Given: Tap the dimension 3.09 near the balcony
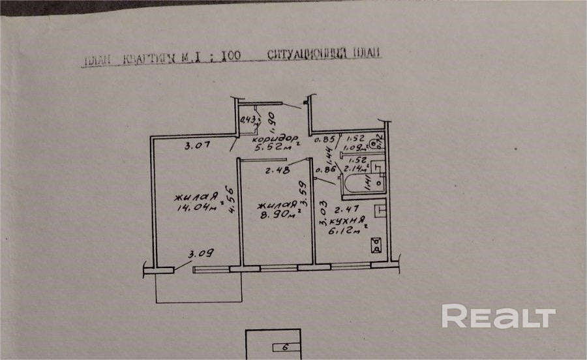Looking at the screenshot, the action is pyautogui.click(x=202, y=254).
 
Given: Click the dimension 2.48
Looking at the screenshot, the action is pyautogui.click(x=277, y=172).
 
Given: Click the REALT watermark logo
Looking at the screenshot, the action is pyautogui.click(x=498, y=316).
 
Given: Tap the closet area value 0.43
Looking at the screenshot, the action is pyautogui.click(x=248, y=119).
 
